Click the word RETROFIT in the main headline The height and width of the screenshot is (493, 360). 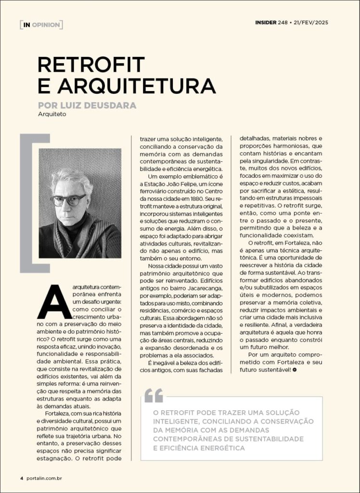(x=91, y=65)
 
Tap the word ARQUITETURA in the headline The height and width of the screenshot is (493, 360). (x=136, y=86)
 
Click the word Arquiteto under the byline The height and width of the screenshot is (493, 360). (x=52, y=115)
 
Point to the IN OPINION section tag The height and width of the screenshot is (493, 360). (x=41, y=25)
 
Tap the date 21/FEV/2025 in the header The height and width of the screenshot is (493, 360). (x=311, y=22)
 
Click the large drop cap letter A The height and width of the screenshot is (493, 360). (x=54, y=302)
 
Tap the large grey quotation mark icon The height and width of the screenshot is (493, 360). (x=154, y=395)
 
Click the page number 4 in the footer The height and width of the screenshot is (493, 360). (x=22, y=478)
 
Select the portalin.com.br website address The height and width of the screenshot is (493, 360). (x=45, y=478)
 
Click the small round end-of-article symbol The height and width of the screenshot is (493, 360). (x=294, y=369)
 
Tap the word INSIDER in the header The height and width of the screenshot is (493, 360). (x=265, y=22)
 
